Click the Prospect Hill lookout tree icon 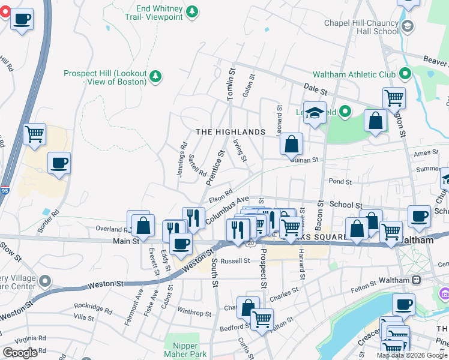tap(155, 76)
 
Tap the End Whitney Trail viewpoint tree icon tap(191, 11)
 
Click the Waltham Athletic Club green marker tap(405, 74)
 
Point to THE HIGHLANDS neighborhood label tap(231, 132)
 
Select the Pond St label tap(340, 181)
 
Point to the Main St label tap(125, 241)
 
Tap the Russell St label tap(235, 261)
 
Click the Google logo tap(20, 352)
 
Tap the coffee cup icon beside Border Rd tap(59, 163)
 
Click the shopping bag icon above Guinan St tap(291, 143)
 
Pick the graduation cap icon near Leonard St tap(315, 113)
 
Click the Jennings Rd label tap(183, 154)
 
